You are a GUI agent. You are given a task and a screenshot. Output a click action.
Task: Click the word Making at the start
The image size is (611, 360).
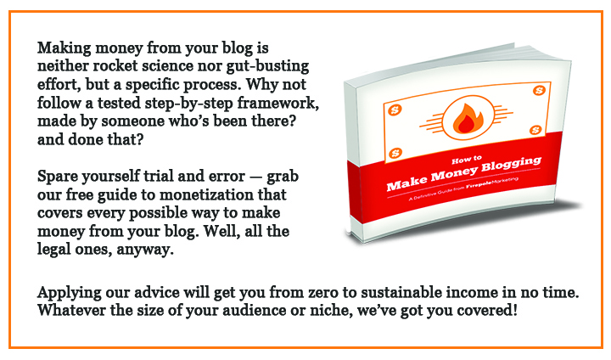(x=64, y=48)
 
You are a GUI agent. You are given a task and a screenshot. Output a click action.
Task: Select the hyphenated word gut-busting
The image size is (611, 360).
(x=267, y=67)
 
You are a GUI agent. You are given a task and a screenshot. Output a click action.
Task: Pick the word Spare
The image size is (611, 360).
(x=58, y=177)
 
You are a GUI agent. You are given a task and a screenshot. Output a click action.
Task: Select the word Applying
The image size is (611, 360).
(x=70, y=294)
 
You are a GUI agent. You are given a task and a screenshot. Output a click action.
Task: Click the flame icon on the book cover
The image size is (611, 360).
(x=468, y=118)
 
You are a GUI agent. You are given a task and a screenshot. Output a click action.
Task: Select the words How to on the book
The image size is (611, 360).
(x=467, y=160)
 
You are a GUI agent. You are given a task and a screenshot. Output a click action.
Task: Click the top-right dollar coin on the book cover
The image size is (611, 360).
(x=539, y=91)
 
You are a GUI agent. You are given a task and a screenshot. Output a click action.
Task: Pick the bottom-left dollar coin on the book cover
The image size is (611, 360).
(x=395, y=153)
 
